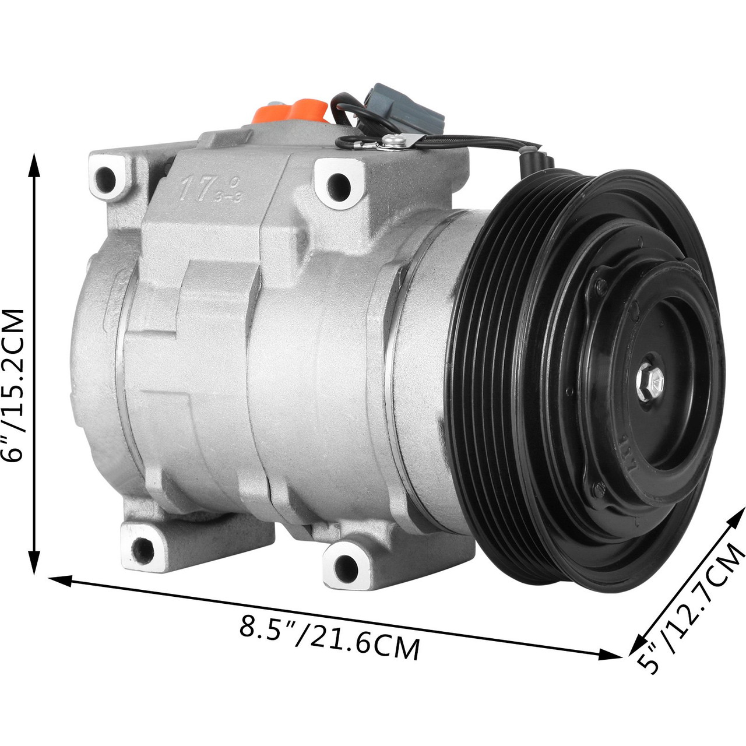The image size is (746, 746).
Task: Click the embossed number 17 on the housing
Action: coord(195,189)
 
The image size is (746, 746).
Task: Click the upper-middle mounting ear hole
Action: coord(337,184)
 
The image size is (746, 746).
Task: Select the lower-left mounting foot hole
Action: coord(142,547)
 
